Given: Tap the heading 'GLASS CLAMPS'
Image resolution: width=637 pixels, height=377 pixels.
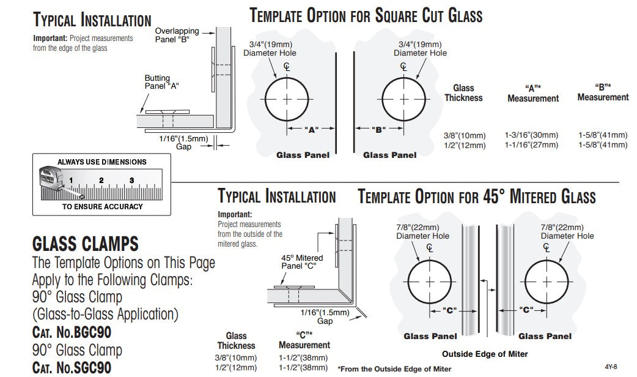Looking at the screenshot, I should (x=85, y=245).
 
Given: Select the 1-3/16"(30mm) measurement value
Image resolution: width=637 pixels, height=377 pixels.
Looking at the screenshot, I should (x=531, y=135).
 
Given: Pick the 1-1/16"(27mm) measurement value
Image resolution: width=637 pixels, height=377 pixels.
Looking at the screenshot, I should (x=531, y=145).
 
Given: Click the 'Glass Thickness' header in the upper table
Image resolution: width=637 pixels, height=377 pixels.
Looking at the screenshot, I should (x=463, y=93).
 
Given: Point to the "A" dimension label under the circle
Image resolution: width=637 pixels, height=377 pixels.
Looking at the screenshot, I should (x=311, y=129).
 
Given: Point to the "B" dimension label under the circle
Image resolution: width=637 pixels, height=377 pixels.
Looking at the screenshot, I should (x=377, y=129).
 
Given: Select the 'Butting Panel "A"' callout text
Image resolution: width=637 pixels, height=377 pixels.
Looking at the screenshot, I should (x=161, y=82).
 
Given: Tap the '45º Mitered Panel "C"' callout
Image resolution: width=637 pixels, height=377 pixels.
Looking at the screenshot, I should (x=302, y=262).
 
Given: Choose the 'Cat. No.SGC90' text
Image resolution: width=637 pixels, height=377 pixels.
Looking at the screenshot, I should (x=72, y=368).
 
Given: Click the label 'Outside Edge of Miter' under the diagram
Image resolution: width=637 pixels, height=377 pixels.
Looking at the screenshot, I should (x=485, y=354).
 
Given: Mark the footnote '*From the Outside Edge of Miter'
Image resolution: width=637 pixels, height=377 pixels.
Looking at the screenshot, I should (x=394, y=368).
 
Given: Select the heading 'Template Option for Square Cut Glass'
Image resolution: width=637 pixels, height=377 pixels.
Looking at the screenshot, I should (x=366, y=16).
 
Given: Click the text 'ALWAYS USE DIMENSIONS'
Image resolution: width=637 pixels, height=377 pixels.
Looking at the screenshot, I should (x=102, y=162).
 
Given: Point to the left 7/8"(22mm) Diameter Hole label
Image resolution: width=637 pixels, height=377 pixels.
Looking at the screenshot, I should (x=422, y=231).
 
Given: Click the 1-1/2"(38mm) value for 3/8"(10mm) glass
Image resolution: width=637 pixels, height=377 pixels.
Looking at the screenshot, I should (x=303, y=357).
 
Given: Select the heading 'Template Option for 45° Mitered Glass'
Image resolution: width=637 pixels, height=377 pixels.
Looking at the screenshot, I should (x=476, y=197).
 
